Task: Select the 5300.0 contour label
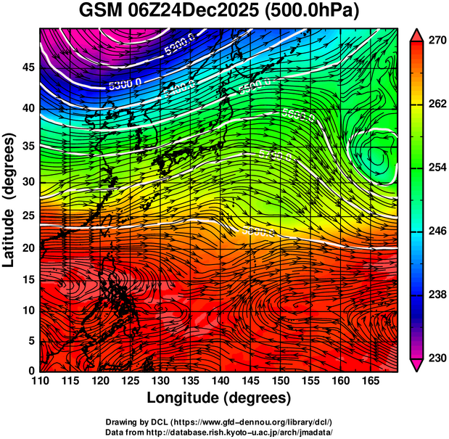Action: [124, 85]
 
